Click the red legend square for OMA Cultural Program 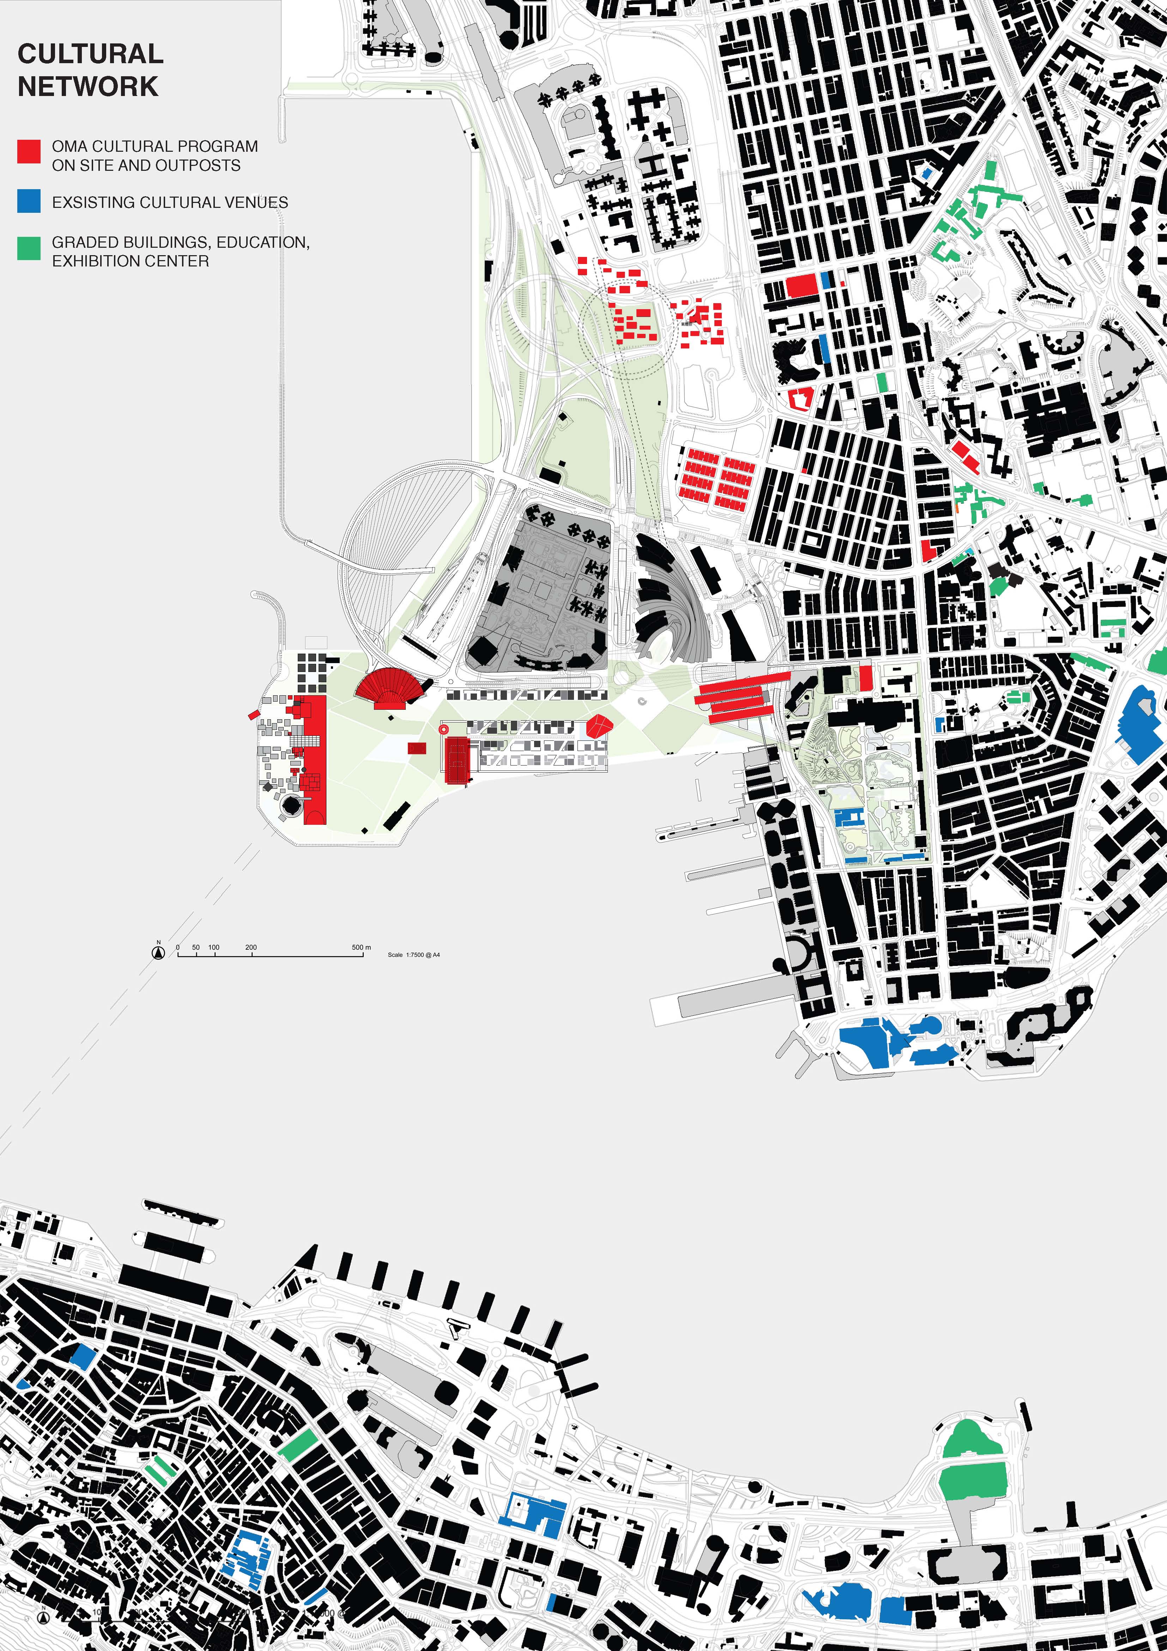pos(29,152)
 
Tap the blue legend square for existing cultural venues pos(29,202)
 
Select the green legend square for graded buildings pos(29,248)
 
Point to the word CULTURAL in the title pos(91,54)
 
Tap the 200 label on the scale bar pos(251,947)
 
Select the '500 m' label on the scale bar pos(362,947)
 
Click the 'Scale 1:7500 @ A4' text pos(414,955)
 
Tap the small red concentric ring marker pos(443,729)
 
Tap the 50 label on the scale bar pos(195,947)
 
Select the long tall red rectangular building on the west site pos(315,759)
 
